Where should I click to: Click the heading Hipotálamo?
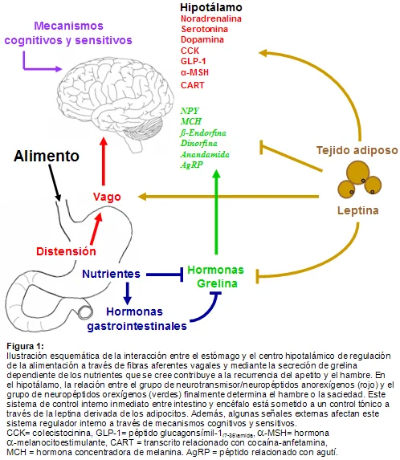tap(211, 7)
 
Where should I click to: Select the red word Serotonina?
tap(204, 29)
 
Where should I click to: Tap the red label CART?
tap(192, 85)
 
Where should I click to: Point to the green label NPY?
tap(190, 111)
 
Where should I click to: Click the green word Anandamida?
tap(205, 154)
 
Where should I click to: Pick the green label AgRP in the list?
tap(192, 165)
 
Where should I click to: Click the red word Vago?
tap(107, 197)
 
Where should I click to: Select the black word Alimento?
tap(47, 156)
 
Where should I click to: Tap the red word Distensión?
tap(66, 251)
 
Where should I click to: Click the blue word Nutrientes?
tap(111, 274)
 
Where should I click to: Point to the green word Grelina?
tap(217, 283)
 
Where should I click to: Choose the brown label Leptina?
tap(357, 210)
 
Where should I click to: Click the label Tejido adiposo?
tap(357, 150)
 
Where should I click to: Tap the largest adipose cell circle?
tap(358, 173)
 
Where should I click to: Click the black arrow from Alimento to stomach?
tap(55, 182)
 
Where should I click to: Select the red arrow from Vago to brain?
tap(104, 161)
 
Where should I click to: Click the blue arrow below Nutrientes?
tap(127, 293)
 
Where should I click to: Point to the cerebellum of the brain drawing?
tap(143, 128)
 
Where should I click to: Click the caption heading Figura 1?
tap(25, 346)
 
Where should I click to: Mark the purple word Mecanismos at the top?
tap(68, 26)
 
